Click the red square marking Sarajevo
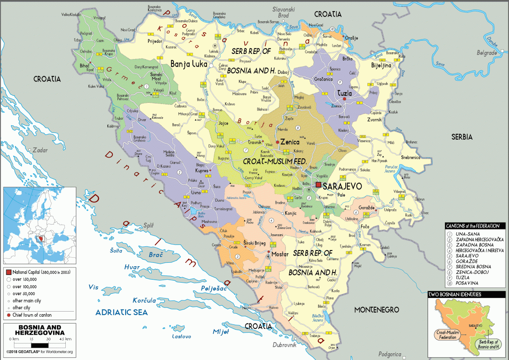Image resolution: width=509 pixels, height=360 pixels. (318, 185)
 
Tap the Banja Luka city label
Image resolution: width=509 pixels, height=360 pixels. (188, 64)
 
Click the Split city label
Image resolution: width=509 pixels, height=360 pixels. (148, 225)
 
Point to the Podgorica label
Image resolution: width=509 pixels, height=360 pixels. (389, 354)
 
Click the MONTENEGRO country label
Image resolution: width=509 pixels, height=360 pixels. (377, 309)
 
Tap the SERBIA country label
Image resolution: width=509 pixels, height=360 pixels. (461, 137)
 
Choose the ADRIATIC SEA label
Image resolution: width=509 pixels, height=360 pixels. (121, 312)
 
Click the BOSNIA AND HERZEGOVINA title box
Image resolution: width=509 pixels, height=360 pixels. (39, 330)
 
